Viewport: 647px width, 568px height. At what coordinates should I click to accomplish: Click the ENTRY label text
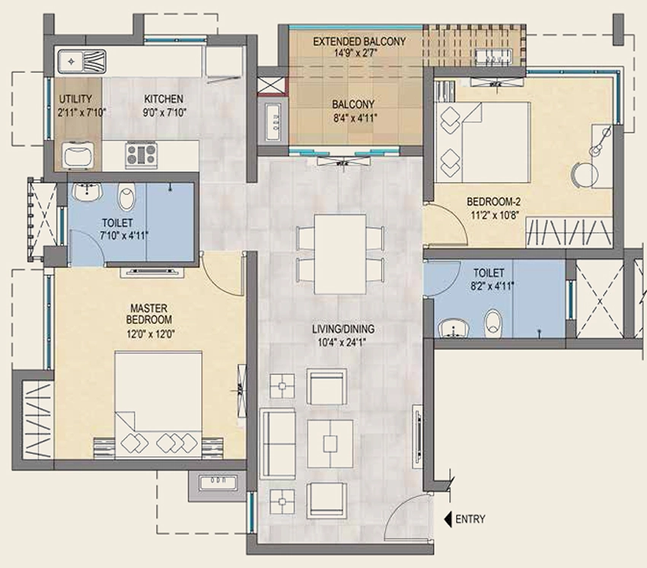coord(470,519)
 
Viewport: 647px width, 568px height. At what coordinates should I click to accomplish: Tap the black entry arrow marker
coord(448,519)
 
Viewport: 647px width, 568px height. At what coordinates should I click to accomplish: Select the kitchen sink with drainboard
coord(81,62)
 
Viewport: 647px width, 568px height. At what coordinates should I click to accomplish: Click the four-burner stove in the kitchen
coord(142,155)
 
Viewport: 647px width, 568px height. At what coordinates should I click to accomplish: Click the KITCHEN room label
coord(164,99)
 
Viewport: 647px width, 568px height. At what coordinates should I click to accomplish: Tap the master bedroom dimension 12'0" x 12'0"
coord(151,334)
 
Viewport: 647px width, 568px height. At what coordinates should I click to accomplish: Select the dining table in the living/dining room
coord(340,254)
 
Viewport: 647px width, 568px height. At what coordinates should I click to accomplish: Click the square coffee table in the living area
coord(330,444)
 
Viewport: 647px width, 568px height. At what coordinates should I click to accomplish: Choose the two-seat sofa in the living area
coord(277,443)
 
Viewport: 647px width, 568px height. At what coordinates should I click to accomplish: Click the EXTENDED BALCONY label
coord(359,42)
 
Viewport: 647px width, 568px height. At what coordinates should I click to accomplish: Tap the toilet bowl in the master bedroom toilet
coord(126,196)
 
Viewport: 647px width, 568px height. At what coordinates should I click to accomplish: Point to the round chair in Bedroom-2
coord(585,175)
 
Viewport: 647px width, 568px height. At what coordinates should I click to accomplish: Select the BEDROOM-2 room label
coord(493,202)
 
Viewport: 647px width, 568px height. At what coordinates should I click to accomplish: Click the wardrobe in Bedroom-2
coord(569,233)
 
